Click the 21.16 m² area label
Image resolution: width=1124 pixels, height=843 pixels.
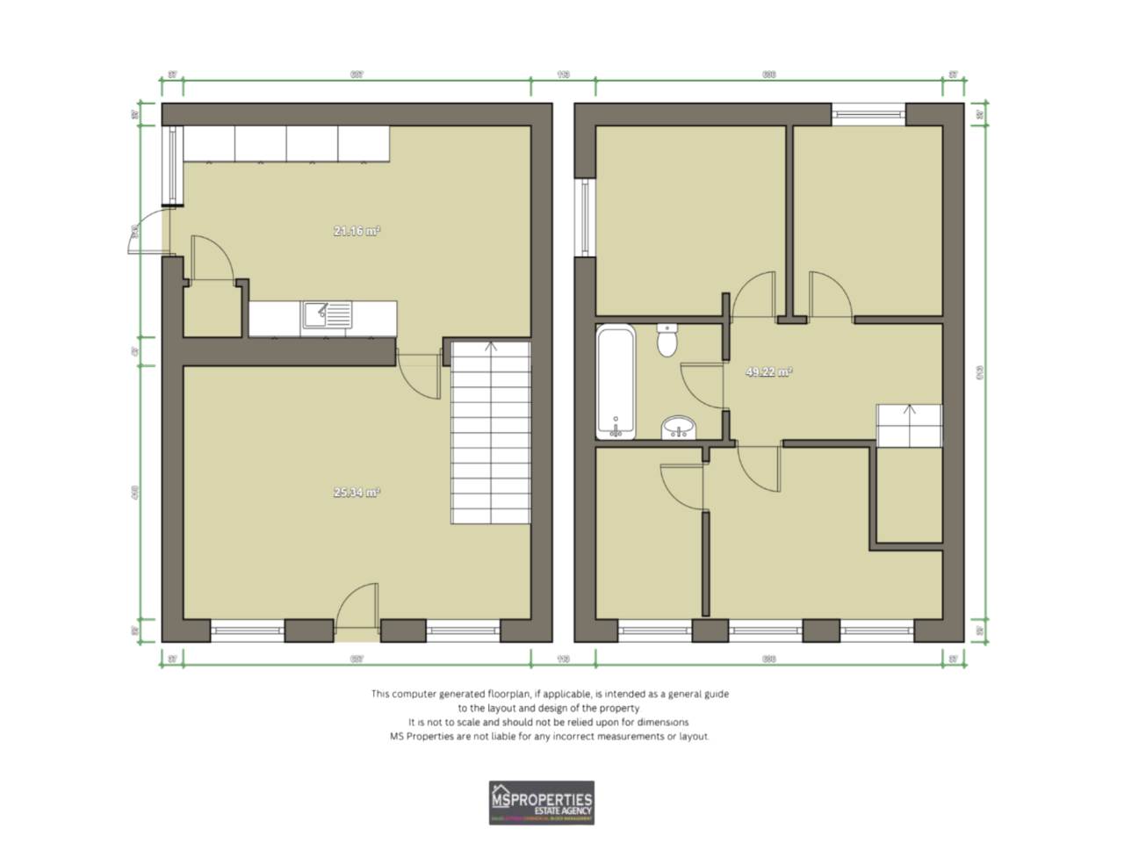(356, 232)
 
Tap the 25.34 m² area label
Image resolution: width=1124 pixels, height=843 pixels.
(356, 493)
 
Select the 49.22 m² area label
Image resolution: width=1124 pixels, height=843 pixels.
(768, 372)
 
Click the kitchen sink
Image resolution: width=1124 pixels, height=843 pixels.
(326, 314)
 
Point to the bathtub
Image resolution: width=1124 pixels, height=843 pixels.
(615, 382)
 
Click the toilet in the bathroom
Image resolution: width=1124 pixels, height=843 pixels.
(667, 340)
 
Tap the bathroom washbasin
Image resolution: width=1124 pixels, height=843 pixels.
(677, 428)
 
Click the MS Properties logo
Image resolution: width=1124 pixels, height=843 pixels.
(541, 803)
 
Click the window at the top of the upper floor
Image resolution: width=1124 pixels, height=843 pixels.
(868, 112)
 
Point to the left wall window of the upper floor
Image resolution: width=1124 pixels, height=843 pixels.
(584, 218)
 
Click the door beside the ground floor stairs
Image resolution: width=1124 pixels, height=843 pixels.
(420, 375)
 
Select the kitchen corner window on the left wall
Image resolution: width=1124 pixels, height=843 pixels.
(173, 166)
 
